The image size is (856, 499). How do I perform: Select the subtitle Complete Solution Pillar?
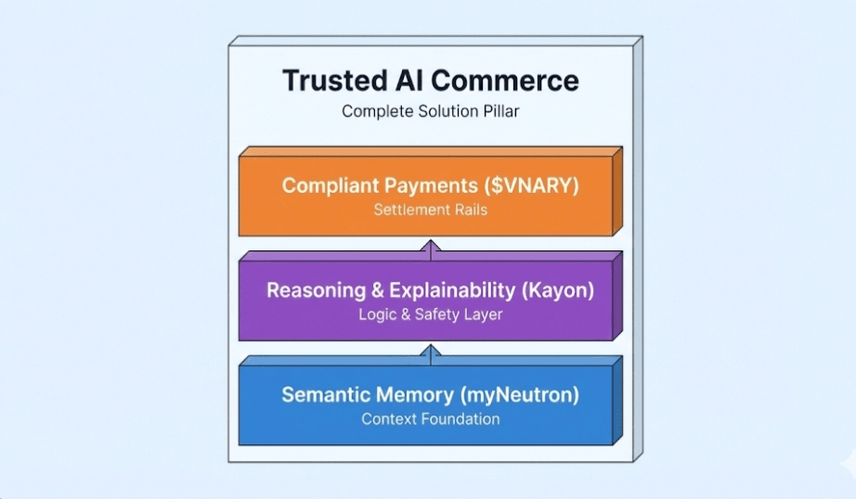430,111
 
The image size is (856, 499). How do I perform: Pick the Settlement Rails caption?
430,210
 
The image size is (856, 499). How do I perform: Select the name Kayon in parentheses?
557,290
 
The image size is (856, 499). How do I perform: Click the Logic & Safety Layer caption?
430,314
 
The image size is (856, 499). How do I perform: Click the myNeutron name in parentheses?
519,395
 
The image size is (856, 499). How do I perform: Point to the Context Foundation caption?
430,419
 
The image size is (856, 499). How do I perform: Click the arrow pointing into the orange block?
430,247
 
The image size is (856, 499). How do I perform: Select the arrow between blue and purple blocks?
430,352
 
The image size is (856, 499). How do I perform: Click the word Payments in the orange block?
418,186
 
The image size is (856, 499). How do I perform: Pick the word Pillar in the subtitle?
498,111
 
